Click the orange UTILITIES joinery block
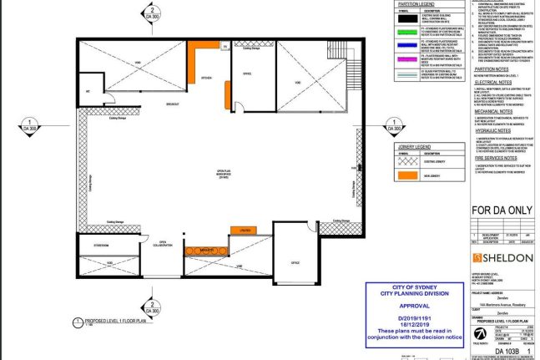tap(245, 229)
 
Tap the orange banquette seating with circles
tap(204, 250)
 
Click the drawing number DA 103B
tap(502, 352)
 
